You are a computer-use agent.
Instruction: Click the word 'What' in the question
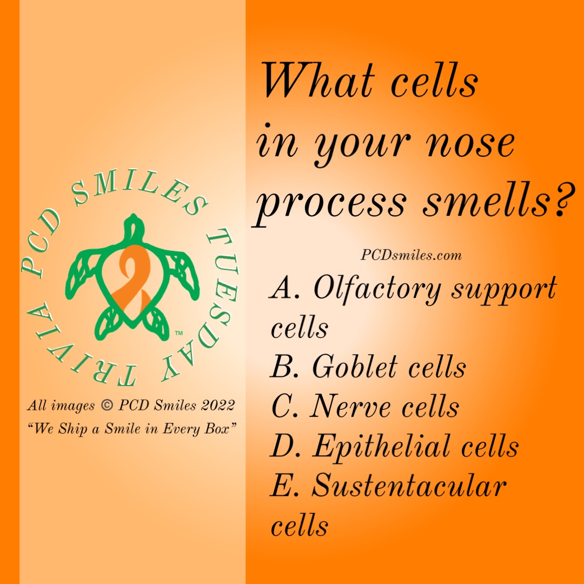coord(318,81)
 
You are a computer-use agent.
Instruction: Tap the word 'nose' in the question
coord(470,143)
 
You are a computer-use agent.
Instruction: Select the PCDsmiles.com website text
coord(411,255)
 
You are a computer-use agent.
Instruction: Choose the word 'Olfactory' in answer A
coord(377,289)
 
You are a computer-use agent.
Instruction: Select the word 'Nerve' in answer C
coord(350,406)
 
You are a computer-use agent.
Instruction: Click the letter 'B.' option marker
coord(284,366)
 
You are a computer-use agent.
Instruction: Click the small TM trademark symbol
coord(179,333)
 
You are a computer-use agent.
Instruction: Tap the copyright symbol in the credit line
coord(107,405)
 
